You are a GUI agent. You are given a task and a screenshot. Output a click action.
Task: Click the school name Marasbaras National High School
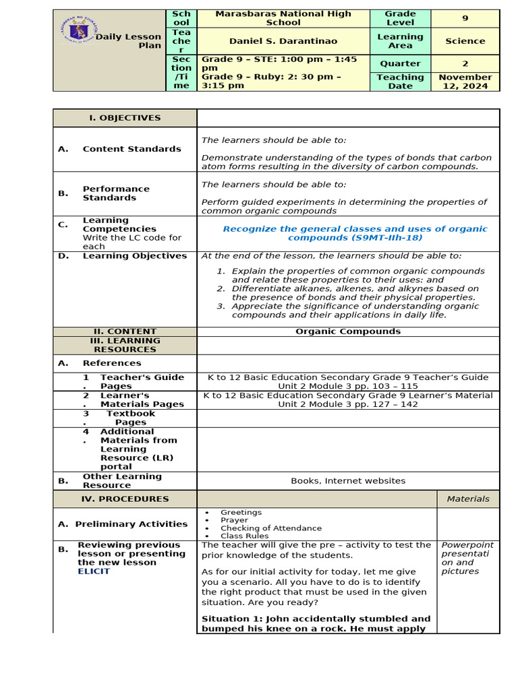pos(283,18)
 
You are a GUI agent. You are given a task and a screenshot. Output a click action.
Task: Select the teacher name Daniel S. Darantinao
pos(283,41)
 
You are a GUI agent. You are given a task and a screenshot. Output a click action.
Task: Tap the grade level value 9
pos(465,18)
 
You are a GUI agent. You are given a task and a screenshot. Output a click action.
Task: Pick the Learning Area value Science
pos(465,41)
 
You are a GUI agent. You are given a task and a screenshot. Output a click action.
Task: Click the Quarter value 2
pos(465,63)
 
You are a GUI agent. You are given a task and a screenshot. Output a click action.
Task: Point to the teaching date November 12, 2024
pos(465,82)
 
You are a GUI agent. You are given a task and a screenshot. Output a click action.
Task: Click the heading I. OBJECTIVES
pos(125,118)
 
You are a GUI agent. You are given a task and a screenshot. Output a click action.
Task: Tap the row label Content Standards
pos(132,149)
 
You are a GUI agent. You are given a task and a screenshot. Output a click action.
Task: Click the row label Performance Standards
pos(116,193)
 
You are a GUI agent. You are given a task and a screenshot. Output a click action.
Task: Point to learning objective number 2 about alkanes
pos(355,292)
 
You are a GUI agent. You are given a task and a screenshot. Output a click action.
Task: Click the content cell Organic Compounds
pos(348,332)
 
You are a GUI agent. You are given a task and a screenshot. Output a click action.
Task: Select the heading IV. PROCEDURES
pos(125,499)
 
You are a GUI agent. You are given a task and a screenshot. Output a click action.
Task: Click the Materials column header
pos(468,499)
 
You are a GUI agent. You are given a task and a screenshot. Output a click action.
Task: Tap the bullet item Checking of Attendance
pos(271,528)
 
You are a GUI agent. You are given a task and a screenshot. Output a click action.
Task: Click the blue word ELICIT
pos(94,571)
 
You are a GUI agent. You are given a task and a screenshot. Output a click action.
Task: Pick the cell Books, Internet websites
pos(348,481)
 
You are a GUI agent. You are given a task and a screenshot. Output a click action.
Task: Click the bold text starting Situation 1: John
pos(316,623)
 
